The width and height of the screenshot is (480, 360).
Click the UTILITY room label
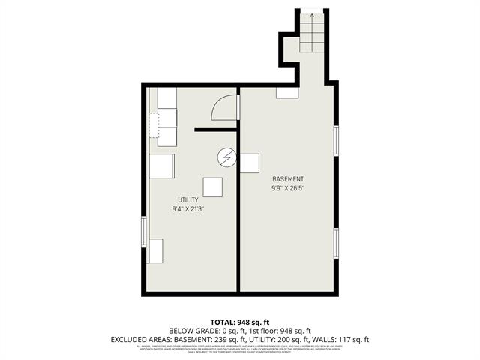[x=187, y=199]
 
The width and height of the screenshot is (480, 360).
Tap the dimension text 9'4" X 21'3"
[x=187, y=209]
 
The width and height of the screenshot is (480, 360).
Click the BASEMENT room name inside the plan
[x=288, y=179]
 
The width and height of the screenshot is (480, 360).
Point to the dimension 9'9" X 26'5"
[x=288, y=188]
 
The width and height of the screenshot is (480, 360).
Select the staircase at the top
[x=311, y=32]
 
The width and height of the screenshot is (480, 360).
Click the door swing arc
[x=224, y=108]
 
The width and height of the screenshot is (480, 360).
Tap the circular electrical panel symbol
[x=226, y=157]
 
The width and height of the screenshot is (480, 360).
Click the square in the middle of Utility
[x=212, y=187]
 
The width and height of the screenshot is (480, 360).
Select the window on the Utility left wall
[x=144, y=231]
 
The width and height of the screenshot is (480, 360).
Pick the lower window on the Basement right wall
[x=337, y=242]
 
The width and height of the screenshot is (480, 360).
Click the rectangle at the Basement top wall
[x=286, y=93]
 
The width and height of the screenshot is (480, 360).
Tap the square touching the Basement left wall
[x=249, y=163]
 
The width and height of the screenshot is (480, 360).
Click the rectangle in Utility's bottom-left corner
[x=155, y=250]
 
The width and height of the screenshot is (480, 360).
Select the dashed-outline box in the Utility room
[x=154, y=126]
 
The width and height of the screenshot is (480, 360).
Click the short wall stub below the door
[x=216, y=130]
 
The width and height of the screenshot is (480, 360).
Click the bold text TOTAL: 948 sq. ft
[x=240, y=320]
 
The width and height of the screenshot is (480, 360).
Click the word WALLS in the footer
[x=319, y=340]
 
